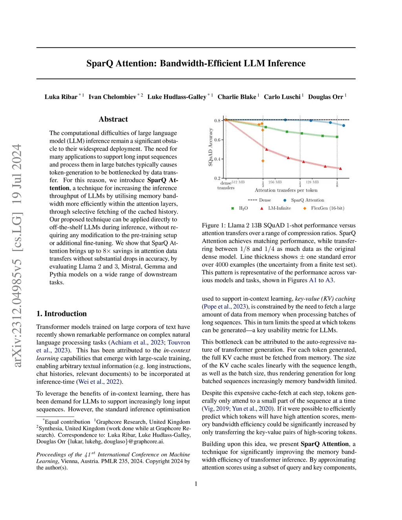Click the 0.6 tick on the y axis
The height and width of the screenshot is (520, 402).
pos(217,140)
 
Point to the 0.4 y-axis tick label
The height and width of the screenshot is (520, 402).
pos(217,159)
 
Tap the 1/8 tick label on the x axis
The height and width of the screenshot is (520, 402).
pos(337,184)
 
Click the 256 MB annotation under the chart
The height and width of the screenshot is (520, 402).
pos(275,182)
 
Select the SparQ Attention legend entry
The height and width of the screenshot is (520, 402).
pos(307,200)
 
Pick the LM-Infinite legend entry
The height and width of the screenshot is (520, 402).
pos(279,208)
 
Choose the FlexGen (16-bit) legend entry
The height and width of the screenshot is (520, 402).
pos(327,208)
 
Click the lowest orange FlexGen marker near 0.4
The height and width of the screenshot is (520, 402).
pos(263,161)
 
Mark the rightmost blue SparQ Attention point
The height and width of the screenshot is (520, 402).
pos(344,126)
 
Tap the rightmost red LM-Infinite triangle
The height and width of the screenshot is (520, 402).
pos(340,169)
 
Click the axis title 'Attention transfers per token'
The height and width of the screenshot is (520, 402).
pos(286,190)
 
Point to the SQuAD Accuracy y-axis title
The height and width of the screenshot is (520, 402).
pos(210,147)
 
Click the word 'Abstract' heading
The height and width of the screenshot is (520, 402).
pos(113,119)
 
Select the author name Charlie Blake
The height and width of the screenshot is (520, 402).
pos(237,97)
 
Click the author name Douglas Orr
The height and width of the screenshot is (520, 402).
pos(325,97)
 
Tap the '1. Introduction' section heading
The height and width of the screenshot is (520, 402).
pos(62,314)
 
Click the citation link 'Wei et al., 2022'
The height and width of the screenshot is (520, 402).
pos(100,381)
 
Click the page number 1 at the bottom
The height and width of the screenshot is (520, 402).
pos(196,484)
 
